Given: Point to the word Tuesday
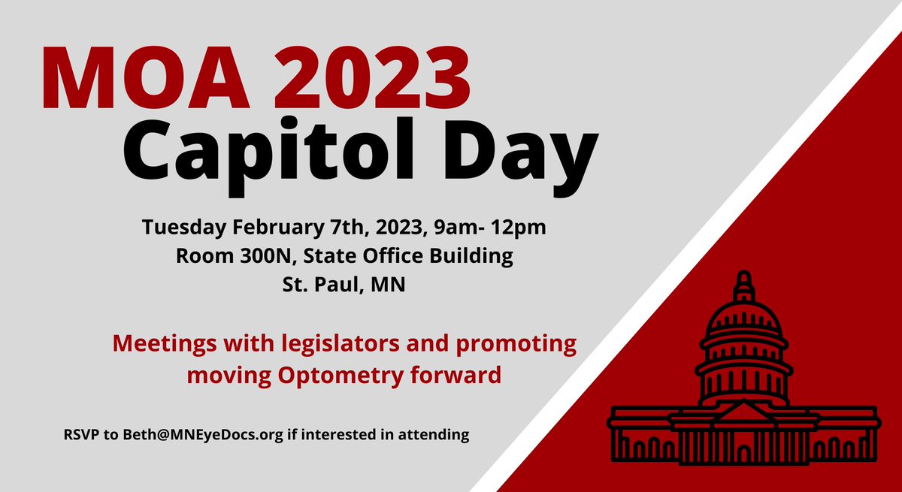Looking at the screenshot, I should tap(186, 227).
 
